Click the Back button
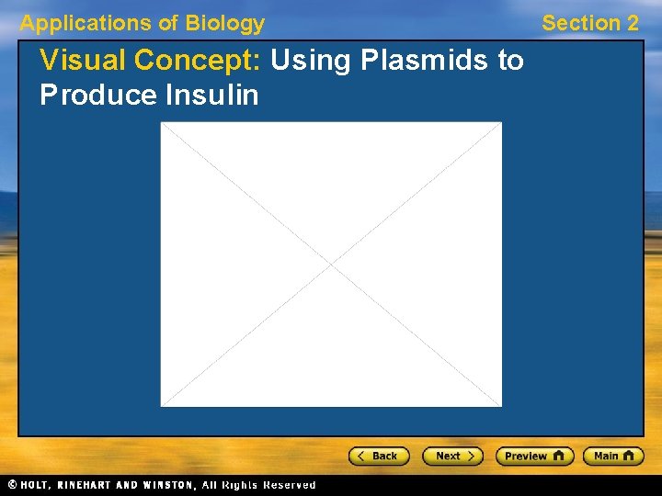378,456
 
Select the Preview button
534,456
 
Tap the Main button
613,456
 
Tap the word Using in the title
313,61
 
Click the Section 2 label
590,23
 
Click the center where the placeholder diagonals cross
331,264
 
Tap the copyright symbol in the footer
12,484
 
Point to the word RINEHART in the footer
97,484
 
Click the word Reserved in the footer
289,484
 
